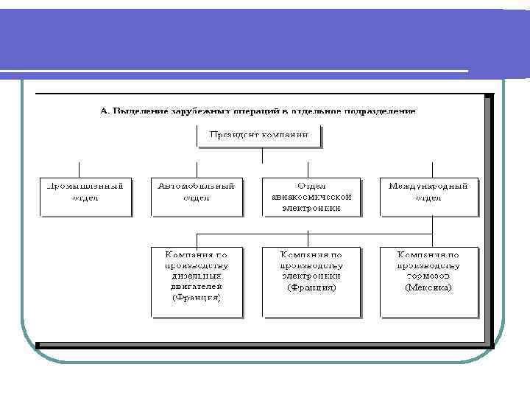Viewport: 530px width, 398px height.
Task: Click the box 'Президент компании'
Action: tap(259, 136)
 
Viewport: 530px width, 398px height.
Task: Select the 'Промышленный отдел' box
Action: tap(85, 195)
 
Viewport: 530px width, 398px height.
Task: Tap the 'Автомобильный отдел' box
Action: tap(196, 195)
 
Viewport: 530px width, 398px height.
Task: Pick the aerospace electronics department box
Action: tap(311, 195)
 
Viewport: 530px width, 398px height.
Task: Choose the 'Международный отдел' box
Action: tap(428, 195)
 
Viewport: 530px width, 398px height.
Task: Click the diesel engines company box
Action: tap(197, 281)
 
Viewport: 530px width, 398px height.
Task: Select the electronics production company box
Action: tap(311, 281)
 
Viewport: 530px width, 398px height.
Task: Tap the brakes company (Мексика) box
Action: tap(428, 281)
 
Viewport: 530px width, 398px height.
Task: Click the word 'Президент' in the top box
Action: tap(235, 135)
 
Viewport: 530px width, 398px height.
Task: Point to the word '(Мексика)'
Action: tap(428, 287)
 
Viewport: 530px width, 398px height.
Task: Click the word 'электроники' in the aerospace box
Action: tap(311, 208)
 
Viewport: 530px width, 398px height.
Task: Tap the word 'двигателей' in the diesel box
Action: tap(197, 286)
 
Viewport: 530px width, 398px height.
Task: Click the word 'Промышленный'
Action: tap(85, 186)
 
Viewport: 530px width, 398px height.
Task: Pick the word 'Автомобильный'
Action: tap(196, 186)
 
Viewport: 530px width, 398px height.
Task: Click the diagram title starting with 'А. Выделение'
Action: tap(258, 111)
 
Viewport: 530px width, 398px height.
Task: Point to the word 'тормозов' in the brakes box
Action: tap(428, 276)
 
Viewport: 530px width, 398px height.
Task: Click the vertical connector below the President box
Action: tap(262, 155)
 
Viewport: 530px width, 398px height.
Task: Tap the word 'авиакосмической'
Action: tap(311, 197)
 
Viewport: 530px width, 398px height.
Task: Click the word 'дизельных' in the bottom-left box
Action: tap(197, 276)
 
